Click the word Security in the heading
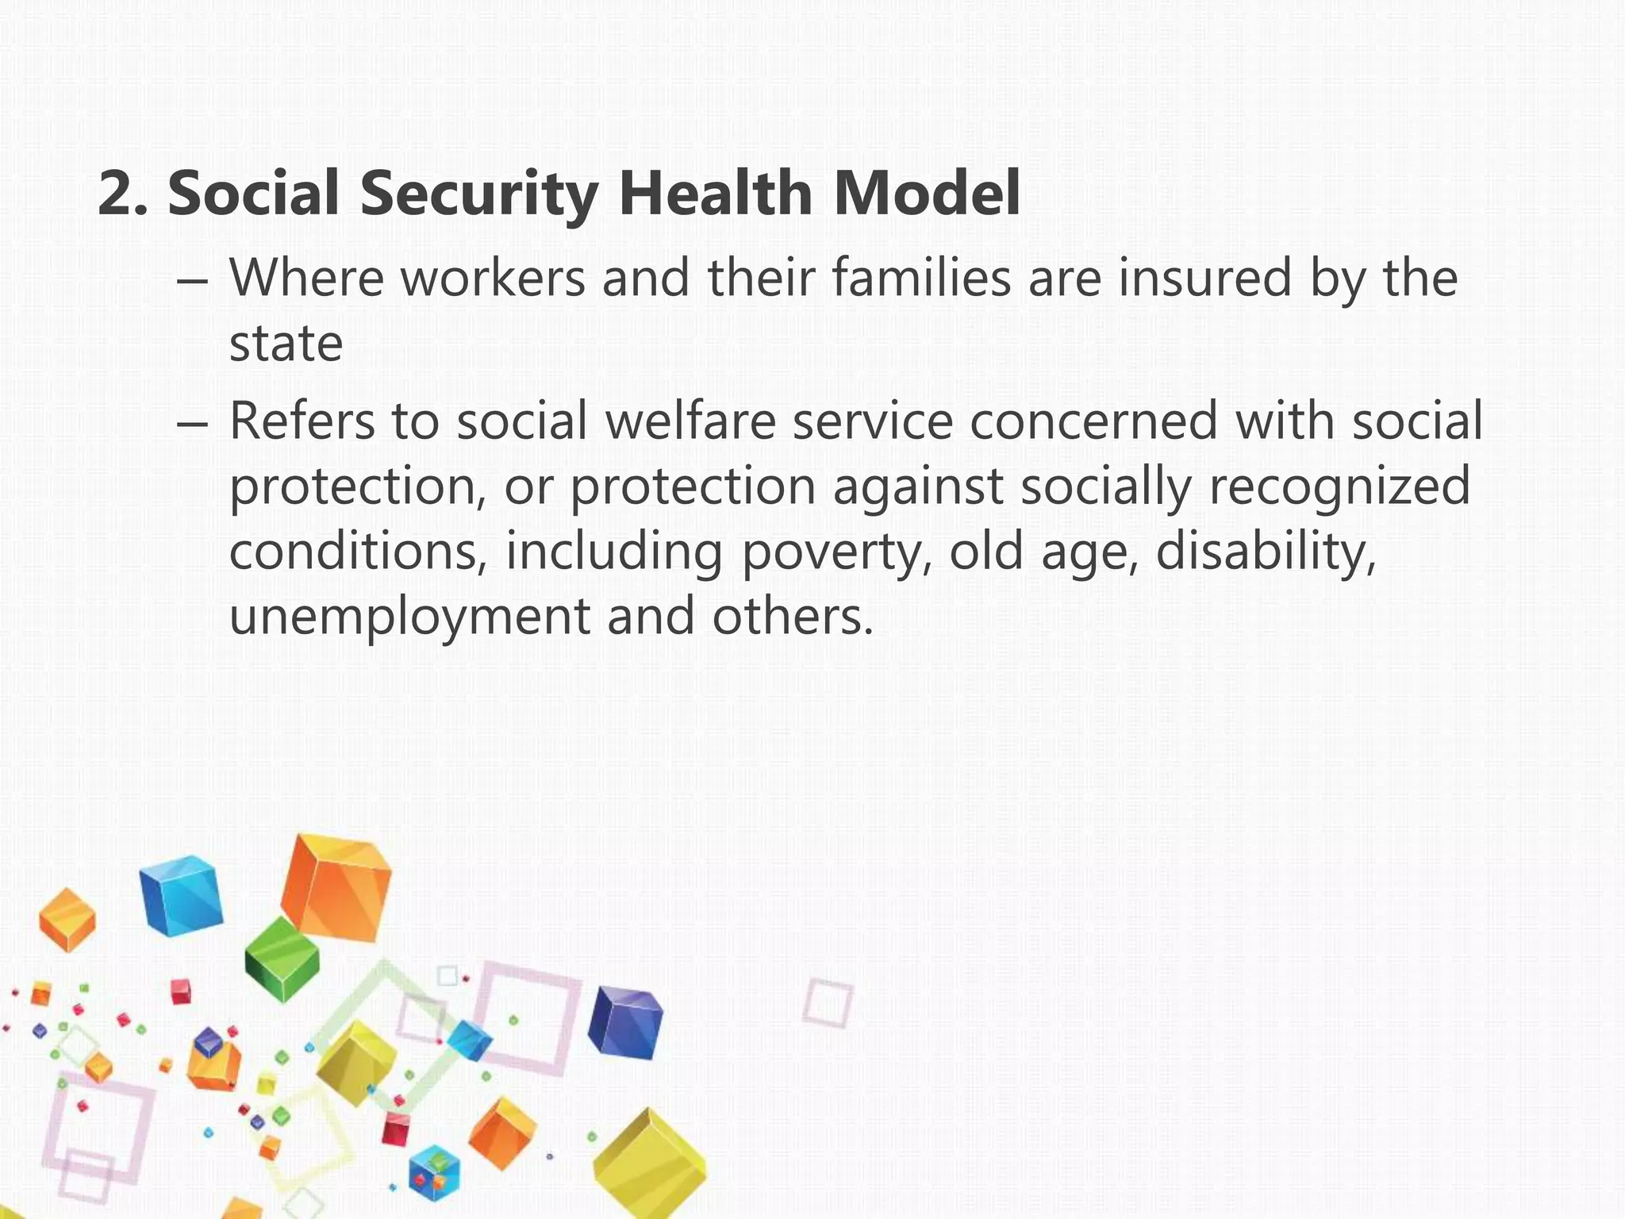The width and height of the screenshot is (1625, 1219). tap(478, 194)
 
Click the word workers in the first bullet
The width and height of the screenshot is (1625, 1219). tap(493, 279)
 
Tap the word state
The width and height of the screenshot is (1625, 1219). tap(286, 344)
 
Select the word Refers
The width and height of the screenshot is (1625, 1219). tap(302, 421)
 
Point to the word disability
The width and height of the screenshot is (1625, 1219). tap(1266, 552)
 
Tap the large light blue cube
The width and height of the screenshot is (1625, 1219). tap(181, 895)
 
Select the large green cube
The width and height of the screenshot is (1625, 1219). tap(282, 959)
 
